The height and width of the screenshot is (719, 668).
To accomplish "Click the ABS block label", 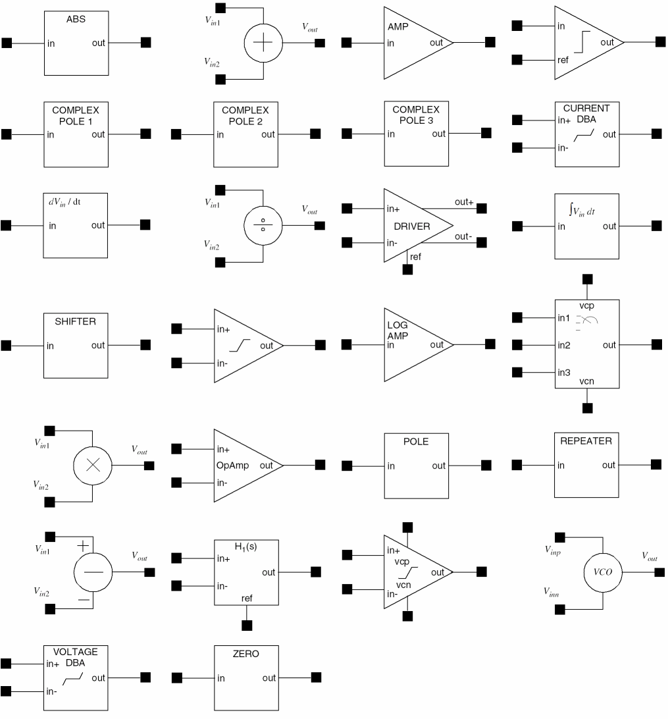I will point(76,20).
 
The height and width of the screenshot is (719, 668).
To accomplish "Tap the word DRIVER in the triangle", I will point(412,226).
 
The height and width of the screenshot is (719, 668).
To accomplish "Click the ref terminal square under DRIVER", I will point(408,269).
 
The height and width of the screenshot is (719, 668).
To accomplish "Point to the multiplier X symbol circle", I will point(93,464).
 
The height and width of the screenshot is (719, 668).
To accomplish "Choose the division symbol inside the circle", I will point(263,225).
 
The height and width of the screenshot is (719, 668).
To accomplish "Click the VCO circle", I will point(604,572).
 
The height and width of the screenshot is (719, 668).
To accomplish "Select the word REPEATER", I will point(586,441).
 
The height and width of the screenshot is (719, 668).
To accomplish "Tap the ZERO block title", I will point(246,654).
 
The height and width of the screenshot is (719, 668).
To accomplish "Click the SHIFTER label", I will point(76,322).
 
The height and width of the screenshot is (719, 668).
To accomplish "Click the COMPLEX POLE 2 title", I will point(245,115).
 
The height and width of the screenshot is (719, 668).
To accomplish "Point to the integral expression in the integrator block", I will point(586,210).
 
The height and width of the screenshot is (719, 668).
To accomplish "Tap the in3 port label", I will point(564,373).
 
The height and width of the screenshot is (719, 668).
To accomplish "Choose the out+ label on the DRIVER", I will point(464,202).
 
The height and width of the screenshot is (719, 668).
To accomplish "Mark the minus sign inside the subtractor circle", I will point(93,572).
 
